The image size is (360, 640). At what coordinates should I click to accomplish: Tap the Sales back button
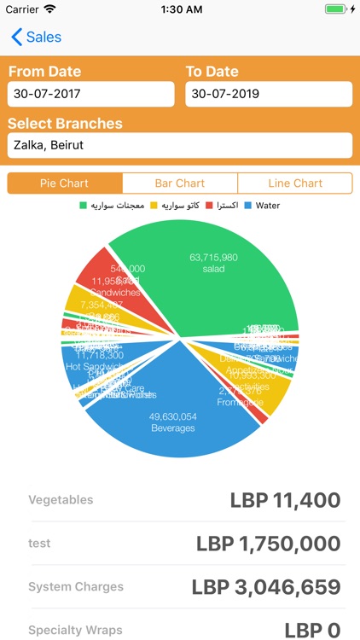click(36, 38)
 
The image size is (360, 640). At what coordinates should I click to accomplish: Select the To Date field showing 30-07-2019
click(268, 94)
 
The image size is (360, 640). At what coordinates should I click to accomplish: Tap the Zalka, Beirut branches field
click(179, 145)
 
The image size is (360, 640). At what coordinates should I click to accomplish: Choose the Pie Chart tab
click(65, 183)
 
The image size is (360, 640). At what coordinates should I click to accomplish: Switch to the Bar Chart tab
click(180, 183)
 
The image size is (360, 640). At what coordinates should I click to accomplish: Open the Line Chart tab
click(295, 183)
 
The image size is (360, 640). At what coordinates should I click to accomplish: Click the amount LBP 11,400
click(285, 500)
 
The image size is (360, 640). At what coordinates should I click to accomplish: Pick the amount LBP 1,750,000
click(268, 544)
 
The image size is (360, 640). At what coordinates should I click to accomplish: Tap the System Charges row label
click(76, 587)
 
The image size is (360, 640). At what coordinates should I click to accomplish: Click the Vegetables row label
click(61, 500)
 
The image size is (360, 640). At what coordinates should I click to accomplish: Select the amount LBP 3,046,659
click(265, 587)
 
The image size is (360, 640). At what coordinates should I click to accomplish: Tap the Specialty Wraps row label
click(75, 630)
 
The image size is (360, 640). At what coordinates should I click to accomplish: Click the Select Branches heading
click(65, 123)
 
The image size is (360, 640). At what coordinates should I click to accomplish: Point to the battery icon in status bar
click(336, 9)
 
